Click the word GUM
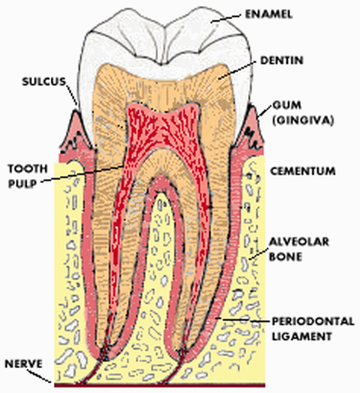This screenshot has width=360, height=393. (x=283, y=106)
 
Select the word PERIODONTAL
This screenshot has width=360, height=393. (x=307, y=322)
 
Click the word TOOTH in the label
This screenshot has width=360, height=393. (x=25, y=168)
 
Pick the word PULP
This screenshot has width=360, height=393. (x=21, y=182)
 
